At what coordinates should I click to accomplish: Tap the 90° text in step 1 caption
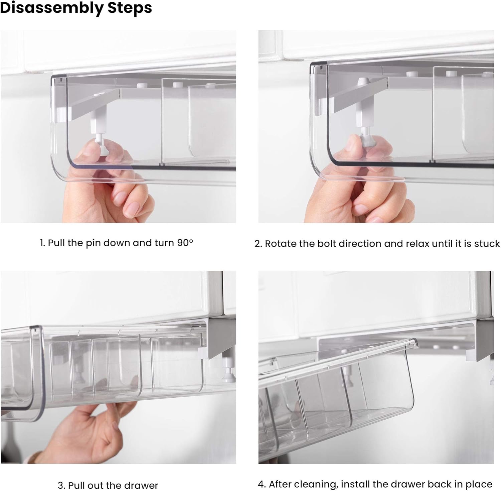185,242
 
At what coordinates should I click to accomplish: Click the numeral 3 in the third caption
60,485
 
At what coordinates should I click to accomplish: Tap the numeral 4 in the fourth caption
261,484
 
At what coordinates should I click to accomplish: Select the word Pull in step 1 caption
56,243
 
